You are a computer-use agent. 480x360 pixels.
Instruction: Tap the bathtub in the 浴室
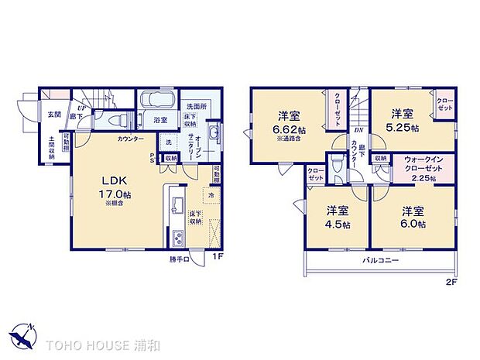(x=158, y=101)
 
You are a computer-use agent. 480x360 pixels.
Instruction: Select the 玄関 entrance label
(x=53, y=114)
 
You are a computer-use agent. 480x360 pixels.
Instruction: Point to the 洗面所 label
(x=194, y=106)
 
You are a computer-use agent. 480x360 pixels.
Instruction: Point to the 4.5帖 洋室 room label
(x=336, y=217)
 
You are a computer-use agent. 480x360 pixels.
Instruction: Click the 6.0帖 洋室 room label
(x=411, y=217)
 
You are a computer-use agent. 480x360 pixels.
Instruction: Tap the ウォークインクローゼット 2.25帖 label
(x=426, y=170)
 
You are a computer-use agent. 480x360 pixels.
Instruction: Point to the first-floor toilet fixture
(x=117, y=120)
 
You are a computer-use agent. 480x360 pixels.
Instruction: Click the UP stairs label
(x=80, y=108)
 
